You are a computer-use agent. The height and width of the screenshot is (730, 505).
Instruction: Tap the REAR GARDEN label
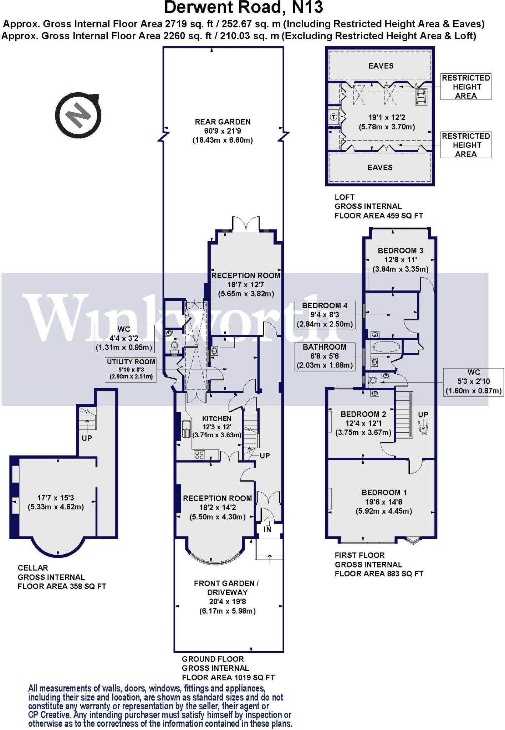click(x=223, y=122)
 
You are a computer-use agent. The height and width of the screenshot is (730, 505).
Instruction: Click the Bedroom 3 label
click(x=400, y=251)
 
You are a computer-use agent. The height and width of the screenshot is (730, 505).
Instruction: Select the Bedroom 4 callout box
click(x=325, y=315)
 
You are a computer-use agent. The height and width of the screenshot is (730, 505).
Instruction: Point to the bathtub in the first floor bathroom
click(x=386, y=346)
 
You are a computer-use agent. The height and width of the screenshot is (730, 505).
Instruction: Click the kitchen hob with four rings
click(x=199, y=455)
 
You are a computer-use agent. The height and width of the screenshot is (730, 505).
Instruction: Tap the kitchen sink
click(x=186, y=429)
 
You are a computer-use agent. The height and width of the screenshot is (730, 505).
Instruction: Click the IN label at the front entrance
click(x=267, y=530)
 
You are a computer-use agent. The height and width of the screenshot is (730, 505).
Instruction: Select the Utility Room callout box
click(x=131, y=369)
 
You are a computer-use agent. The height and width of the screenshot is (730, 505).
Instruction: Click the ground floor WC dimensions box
click(x=124, y=339)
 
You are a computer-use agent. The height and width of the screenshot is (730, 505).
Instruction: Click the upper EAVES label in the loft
click(x=381, y=66)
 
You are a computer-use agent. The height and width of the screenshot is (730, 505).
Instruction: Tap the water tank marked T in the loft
click(x=334, y=117)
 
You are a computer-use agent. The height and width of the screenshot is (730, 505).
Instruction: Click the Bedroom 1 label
click(x=384, y=493)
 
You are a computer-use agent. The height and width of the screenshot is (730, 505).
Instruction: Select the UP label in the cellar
click(x=87, y=438)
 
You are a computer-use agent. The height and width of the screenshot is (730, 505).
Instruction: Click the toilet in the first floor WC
click(x=372, y=380)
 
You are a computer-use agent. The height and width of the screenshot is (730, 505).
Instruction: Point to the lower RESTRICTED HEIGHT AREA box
click(x=466, y=145)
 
